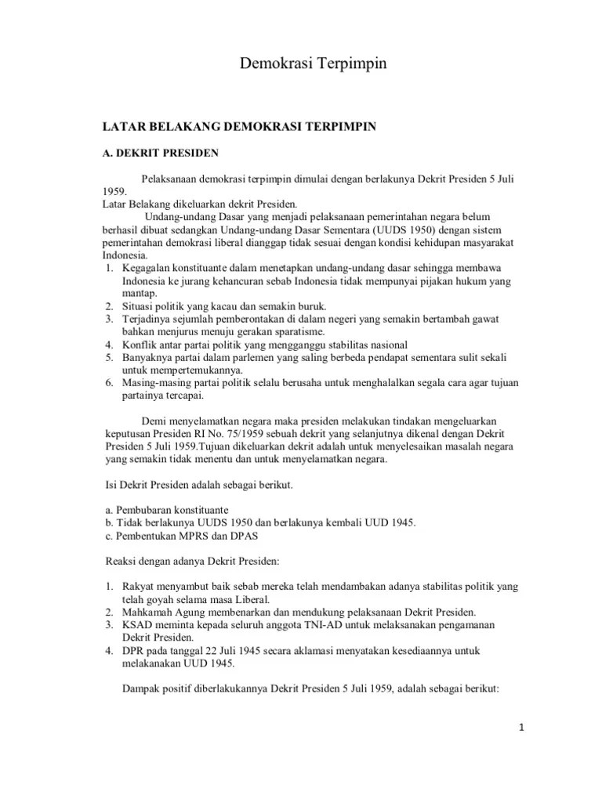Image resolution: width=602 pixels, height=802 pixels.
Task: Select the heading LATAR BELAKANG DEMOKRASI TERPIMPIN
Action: pyautogui.click(x=241, y=125)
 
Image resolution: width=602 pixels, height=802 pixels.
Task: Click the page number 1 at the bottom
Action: pyautogui.click(x=521, y=728)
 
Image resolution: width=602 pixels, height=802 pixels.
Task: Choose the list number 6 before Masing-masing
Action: pyautogui.click(x=108, y=383)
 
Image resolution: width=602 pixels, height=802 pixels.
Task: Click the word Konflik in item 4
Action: pyautogui.click(x=140, y=345)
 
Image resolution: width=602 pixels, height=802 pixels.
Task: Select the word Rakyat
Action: pyautogui.click(x=139, y=587)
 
